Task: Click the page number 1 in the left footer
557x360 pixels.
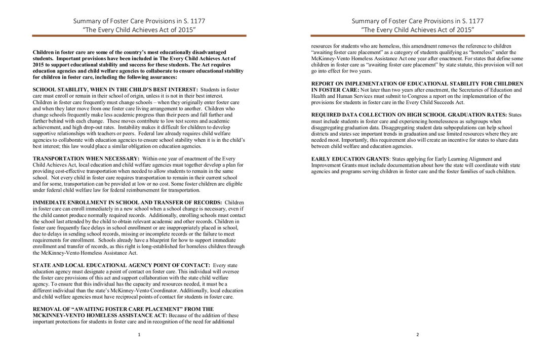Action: click(139, 335)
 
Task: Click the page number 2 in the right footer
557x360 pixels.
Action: click(418, 335)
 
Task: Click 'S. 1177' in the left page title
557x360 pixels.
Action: click(193, 21)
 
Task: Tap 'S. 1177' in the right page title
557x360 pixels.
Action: click(471, 21)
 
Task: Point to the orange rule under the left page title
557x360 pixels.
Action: click(139, 36)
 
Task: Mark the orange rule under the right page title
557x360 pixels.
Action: click(418, 36)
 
